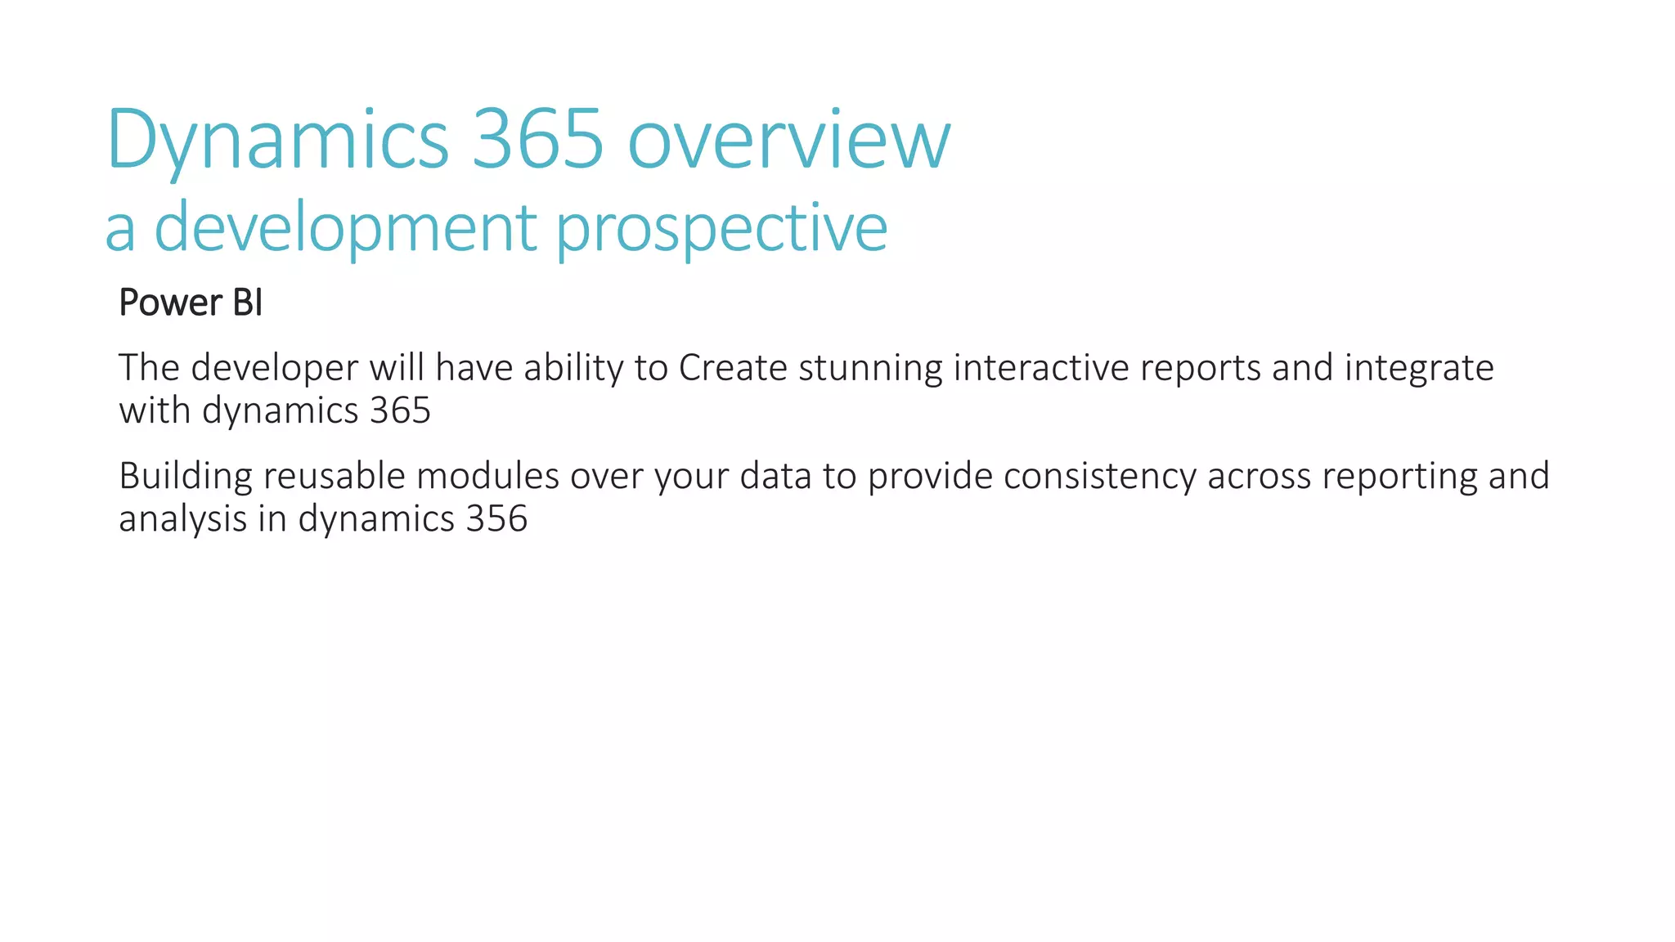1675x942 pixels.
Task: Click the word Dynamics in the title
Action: tap(277, 141)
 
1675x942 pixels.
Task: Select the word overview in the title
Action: tap(788, 141)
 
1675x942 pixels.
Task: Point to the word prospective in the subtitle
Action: tap(721, 229)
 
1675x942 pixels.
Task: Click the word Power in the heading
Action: tap(170, 303)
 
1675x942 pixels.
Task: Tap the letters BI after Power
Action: tap(247, 303)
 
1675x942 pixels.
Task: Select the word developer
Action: tap(274, 369)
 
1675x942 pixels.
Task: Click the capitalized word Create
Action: tap(732, 368)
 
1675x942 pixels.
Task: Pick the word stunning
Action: tap(870, 369)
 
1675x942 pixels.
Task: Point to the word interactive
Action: tap(1040, 368)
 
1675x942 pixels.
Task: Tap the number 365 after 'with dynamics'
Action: tap(400, 410)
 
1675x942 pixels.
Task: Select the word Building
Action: tap(185, 477)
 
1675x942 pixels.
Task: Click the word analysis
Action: tap(182, 519)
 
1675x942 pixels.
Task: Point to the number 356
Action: tap(496, 519)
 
